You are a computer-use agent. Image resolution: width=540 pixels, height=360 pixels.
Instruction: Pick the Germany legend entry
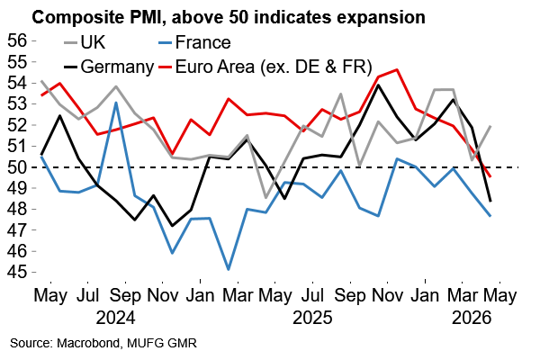[114, 66]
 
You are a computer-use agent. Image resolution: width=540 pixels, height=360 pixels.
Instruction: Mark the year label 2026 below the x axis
[469, 318]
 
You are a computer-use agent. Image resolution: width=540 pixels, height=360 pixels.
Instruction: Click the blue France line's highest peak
[117, 102]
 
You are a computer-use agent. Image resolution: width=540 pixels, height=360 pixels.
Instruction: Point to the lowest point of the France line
[229, 269]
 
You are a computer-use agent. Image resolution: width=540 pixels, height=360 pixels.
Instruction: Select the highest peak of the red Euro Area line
[397, 69]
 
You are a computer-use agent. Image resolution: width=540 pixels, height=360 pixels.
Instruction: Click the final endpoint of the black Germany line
[490, 201]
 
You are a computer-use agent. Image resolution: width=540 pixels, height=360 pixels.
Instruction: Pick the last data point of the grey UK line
[490, 126]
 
